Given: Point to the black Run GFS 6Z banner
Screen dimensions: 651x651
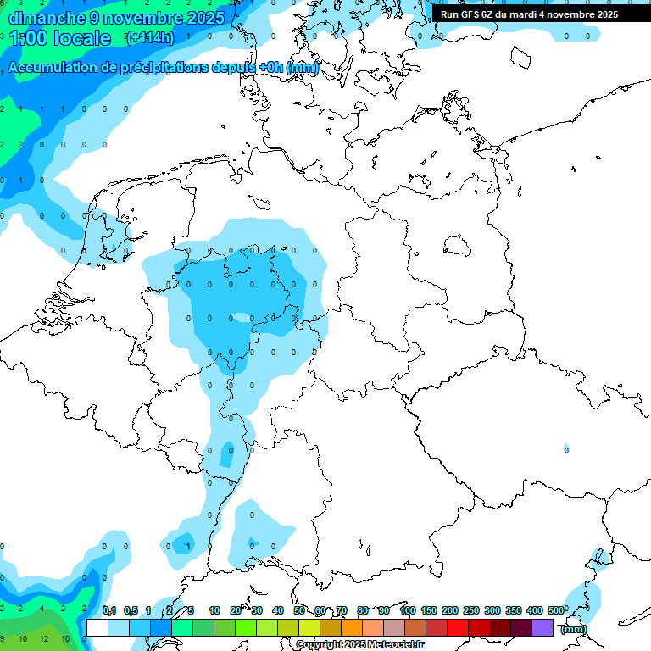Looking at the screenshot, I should click(529, 14).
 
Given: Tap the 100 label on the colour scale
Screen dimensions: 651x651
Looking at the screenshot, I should click(408, 610).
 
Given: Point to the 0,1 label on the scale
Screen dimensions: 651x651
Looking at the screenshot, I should click(109, 610).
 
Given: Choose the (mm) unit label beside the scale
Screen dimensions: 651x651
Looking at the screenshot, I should click(574, 629).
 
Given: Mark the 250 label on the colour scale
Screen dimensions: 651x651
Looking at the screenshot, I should click(471, 610).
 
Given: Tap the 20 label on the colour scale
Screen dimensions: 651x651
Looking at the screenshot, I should click(236, 610).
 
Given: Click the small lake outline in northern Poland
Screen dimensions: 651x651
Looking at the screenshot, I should click(458, 246).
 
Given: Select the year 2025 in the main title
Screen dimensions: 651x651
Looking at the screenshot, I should click(205, 17).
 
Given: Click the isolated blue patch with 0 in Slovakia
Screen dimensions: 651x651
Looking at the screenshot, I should click(566, 448).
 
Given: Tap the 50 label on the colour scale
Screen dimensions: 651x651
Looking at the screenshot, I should click(299, 610).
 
